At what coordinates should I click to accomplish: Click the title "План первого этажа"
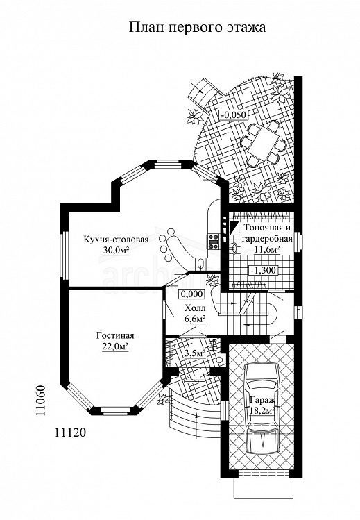click(x=197, y=28)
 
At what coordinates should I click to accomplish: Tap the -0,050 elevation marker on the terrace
click(x=234, y=115)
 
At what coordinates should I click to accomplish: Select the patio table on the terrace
click(x=264, y=143)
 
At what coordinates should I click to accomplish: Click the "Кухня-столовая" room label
click(x=116, y=240)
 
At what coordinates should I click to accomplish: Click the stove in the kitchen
click(x=213, y=242)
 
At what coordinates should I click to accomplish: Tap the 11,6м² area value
click(x=267, y=249)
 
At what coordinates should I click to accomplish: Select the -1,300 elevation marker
click(x=264, y=270)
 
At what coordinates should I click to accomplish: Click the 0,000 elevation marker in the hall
click(x=191, y=294)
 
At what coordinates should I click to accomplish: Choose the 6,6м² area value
click(x=195, y=319)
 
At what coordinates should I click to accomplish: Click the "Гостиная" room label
click(x=115, y=335)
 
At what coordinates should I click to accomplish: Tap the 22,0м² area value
click(x=115, y=347)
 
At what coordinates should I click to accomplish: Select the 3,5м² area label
click(x=195, y=354)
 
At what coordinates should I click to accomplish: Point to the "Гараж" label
click(x=261, y=399)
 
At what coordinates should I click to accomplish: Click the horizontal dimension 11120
click(x=69, y=433)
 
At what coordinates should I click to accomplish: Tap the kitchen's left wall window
click(x=64, y=255)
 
